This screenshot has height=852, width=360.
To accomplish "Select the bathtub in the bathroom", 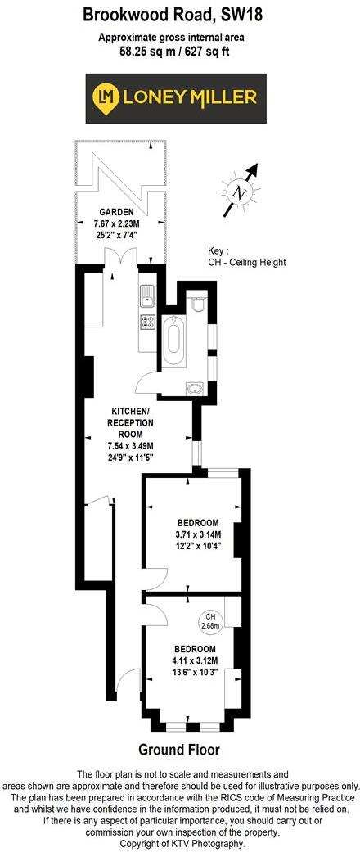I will [173, 341].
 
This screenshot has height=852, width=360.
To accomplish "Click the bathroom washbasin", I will [196, 389].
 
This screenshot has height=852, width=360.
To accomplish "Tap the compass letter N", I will [240, 193].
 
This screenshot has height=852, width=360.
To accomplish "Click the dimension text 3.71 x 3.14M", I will [197, 534].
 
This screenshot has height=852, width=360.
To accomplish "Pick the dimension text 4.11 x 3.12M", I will [195, 660].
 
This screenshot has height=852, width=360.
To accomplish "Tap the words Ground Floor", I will [178, 749].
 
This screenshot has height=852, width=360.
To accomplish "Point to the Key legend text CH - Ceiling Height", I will [247, 263].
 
